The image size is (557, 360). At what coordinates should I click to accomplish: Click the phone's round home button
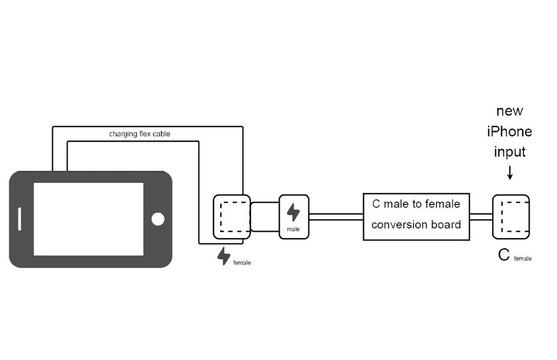[x=158, y=219]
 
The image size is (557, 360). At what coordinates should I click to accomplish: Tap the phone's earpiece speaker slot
[x=20, y=219]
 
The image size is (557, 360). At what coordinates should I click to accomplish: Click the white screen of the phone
[x=88, y=219]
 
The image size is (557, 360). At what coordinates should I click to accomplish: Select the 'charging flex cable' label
[x=139, y=134]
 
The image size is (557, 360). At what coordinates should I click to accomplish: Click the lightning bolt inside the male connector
[x=294, y=212]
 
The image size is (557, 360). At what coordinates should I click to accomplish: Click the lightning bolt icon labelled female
[x=224, y=256]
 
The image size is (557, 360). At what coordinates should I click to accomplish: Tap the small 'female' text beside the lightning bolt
[x=242, y=263]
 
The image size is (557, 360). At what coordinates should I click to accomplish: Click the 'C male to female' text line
[x=416, y=204]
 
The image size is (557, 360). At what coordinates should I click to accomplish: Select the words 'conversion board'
[x=416, y=225]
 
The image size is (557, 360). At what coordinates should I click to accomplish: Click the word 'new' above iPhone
[x=510, y=111]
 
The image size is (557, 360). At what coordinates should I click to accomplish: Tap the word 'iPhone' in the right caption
[x=510, y=131]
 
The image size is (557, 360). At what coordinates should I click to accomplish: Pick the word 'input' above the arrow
[x=510, y=152]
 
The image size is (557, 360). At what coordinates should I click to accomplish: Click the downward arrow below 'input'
[x=510, y=173]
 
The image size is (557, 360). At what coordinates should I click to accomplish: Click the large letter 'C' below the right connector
[x=504, y=256]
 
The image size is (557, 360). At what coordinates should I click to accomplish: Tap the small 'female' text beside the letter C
[x=523, y=259]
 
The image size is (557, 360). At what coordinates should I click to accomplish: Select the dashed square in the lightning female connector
[x=232, y=217]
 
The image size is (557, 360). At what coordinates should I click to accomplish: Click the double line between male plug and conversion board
[x=336, y=217]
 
